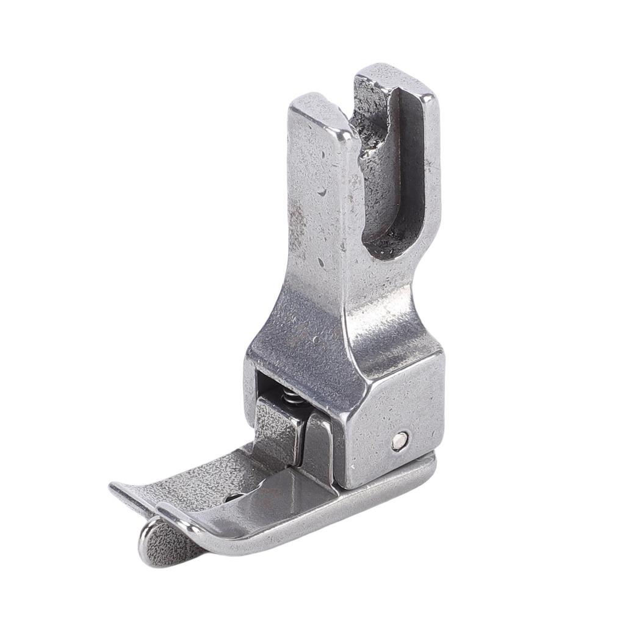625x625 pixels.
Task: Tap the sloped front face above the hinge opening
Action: point(305,342)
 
